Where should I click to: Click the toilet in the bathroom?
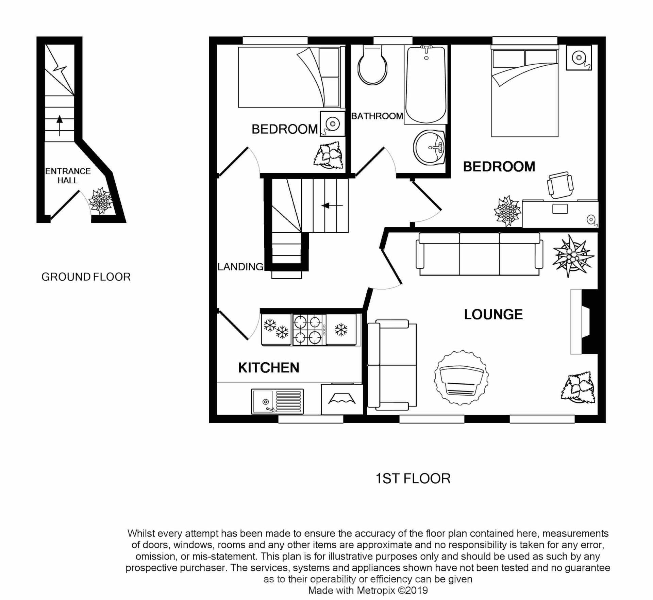tap(372, 66)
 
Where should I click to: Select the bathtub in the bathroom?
tap(426, 85)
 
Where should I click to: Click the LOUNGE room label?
tap(493, 315)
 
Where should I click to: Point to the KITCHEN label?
tap(268, 368)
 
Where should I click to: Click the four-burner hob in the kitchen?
tap(309, 329)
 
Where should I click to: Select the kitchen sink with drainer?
tap(277, 401)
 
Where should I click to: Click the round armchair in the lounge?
tap(461, 378)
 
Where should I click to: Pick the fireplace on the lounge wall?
tap(584, 322)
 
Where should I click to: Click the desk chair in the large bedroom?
tap(560, 185)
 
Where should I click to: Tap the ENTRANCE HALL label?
tap(68, 176)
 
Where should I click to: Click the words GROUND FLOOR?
tap(86, 277)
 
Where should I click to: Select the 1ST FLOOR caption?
tap(413, 479)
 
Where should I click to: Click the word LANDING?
tap(240, 267)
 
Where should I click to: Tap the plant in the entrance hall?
tap(101, 201)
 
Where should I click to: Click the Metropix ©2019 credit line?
tap(368, 590)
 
